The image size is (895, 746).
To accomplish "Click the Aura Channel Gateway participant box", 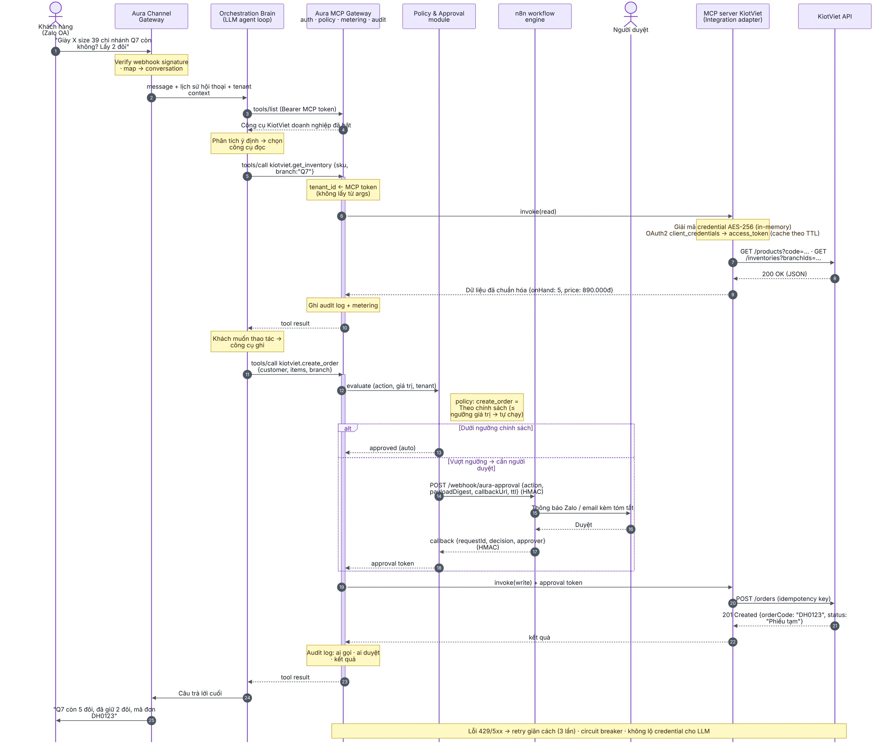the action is click(151, 16).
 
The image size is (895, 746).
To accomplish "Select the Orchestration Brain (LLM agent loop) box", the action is click(247, 16).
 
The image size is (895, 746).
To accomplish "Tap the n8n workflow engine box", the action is click(535, 16).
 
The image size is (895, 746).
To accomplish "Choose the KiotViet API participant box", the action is click(835, 16).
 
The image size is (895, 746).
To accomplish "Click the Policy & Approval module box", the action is click(439, 16).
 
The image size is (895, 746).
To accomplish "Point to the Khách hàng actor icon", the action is click(55, 14).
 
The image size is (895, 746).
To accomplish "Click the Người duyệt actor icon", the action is click(631, 14).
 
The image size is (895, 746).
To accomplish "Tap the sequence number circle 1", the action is click(55, 51).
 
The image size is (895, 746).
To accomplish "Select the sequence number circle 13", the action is click(439, 452).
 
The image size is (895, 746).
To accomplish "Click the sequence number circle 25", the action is click(151, 720).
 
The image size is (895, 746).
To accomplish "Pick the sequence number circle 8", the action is click(835, 279).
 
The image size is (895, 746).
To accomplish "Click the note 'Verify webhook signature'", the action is click(151, 65).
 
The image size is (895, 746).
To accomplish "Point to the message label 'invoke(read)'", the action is click(538, 211).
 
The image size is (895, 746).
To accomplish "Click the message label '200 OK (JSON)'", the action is click(784, 274).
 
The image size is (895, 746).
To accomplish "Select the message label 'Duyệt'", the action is click(583, 524).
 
